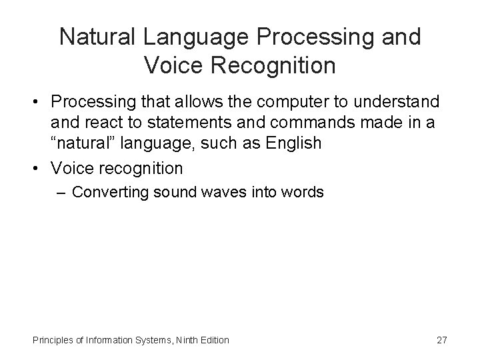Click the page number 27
[x=441, y=341]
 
